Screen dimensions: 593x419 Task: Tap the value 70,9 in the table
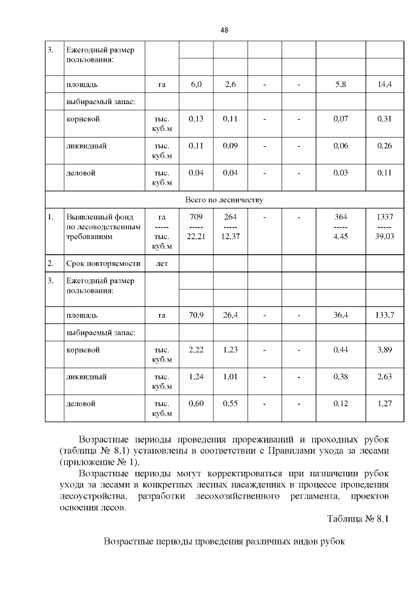(x=196, y=315)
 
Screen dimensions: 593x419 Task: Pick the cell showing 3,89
(x=384, y=350)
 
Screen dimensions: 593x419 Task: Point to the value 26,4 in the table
(x=230, y=315)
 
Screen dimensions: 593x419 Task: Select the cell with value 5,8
(x=340, y=85)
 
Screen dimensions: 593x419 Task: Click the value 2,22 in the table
(x=196, y=350)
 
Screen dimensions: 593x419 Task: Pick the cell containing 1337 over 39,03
(x=384, y=226)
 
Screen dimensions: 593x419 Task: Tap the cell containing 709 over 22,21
(x=196, y=226)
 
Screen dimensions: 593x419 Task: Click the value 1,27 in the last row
(x=384, y=404)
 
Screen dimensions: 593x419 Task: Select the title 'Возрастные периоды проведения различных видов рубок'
(x=224, y=543)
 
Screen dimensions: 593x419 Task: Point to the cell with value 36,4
(x=340, y=315)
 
